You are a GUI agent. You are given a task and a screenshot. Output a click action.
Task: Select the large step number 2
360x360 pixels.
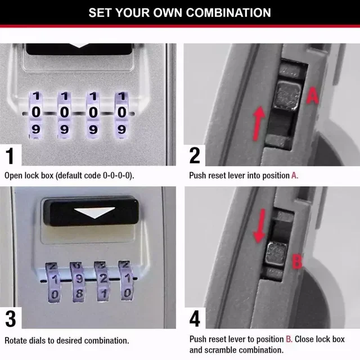point(195,155)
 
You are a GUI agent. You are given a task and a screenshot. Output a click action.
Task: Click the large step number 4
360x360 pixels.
point(195,319)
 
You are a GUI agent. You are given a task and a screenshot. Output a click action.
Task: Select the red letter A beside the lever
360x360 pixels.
point(313,97)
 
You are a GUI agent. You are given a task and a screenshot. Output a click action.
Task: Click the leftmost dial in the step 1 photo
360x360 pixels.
point(35,112)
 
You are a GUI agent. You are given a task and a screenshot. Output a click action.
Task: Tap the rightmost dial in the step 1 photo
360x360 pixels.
point(121,112)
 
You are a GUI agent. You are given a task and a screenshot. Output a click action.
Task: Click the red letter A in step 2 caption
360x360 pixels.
point(294,175)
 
